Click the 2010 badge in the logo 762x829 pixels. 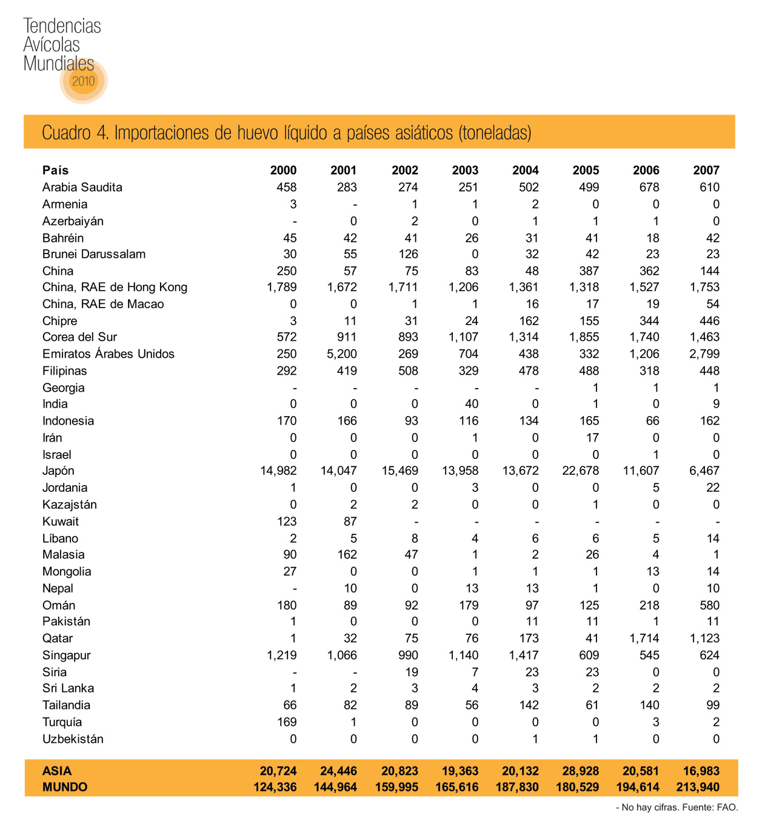pos(83,81)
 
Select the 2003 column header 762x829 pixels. pos(465,170)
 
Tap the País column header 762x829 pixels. pos(55,170)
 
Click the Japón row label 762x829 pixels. pos(58,471)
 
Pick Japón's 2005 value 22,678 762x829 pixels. pos(580,471)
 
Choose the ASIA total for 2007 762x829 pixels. pos(701,771)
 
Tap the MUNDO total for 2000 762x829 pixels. pos(275,787)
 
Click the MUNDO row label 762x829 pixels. pos(65,787)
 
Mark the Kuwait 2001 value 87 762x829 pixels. pos(350,522)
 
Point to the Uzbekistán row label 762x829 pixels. pos(73,739)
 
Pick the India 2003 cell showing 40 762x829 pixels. pos(471,404)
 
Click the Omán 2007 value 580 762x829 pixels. pos(709,605)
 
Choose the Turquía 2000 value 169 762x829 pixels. pos(287,722)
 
